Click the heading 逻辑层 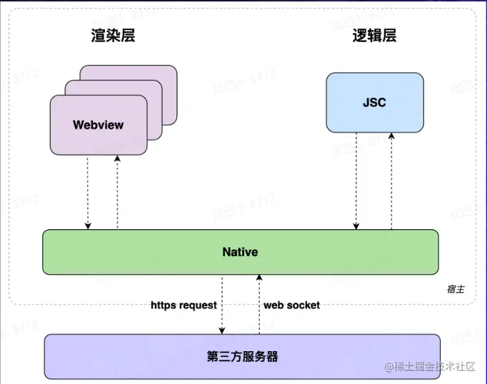click(374, 36)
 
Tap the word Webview click(99, 125)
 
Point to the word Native click(240, 252)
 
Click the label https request click(184, 305)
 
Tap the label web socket click(291, 305)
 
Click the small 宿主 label click(456, 289)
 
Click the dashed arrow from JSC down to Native click(356, 181)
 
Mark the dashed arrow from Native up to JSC click(391, 181)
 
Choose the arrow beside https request click(222, 305)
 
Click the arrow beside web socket click(258, 305)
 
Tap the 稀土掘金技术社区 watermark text click(436, 367)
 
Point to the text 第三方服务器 click(243, 356)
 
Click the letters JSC click(374, 103)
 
